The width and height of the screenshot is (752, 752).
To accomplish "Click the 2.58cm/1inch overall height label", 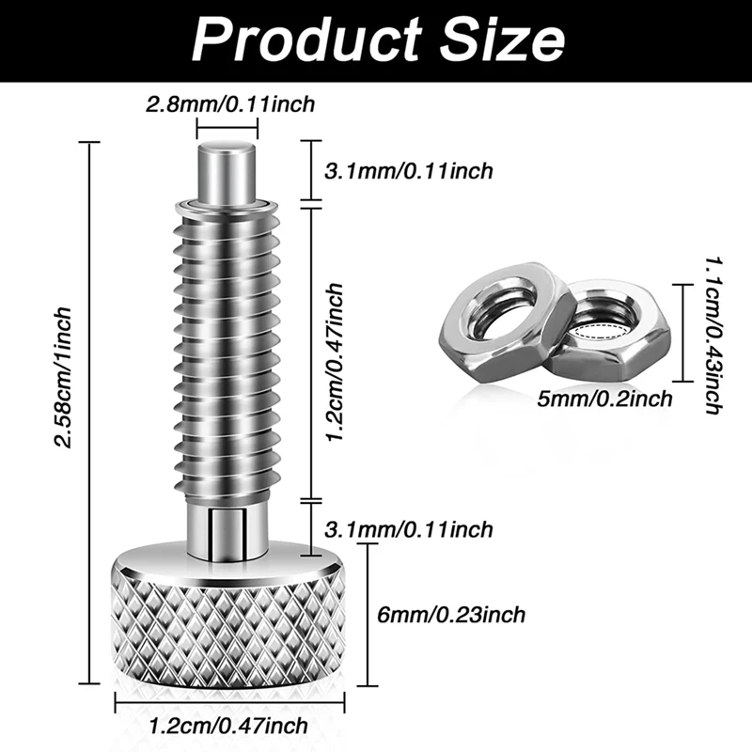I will tap(65, 376).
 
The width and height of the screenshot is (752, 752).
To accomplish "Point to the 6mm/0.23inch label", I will tap(448, 615).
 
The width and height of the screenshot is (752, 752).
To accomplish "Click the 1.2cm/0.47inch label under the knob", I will tap(229, 726).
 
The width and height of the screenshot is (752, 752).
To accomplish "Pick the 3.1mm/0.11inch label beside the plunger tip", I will tap(408, 170).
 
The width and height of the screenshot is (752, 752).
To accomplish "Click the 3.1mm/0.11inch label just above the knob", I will tap(408, 530).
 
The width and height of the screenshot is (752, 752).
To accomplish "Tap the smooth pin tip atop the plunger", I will tap(229, 169).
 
